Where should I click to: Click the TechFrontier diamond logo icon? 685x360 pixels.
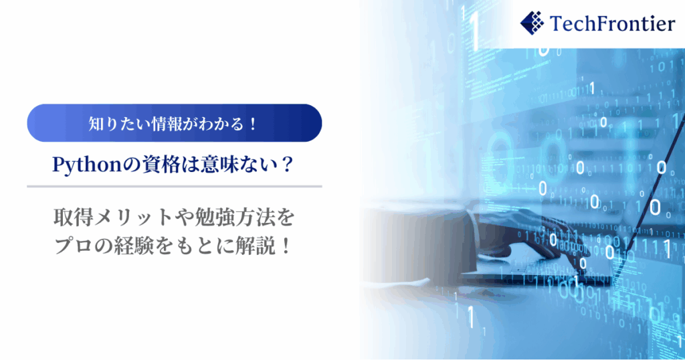coord(532,23)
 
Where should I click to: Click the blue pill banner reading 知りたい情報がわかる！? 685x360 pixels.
coord(175,122)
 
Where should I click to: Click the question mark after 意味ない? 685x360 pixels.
coord(286,165)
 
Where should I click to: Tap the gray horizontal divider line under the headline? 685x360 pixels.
coord(175,186)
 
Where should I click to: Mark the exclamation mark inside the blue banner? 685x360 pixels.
coord(253,124)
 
